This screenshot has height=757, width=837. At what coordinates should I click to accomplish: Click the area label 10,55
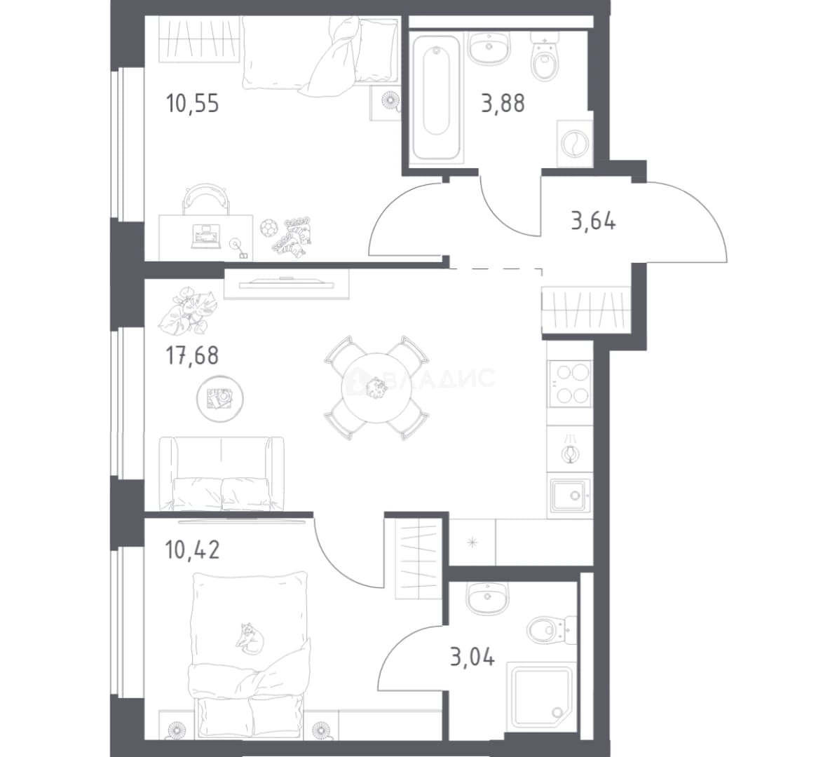[x=193, y=103]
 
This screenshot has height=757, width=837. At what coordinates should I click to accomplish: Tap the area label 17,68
[x=193, y=355]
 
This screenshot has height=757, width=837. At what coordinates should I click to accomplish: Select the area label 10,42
[x=193, y=550]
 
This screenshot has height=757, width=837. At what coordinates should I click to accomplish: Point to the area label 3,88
[x=503, y=103]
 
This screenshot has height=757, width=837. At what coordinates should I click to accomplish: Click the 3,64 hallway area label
[x=594, y=221]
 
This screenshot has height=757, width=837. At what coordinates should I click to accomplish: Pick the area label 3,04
[x=472, y=657]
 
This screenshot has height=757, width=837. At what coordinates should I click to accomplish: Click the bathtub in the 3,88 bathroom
[x=436, y=97]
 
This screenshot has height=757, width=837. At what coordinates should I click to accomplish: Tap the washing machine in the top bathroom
[x=574, y=143]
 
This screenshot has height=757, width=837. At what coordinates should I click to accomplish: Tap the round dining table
[x=377, y=388]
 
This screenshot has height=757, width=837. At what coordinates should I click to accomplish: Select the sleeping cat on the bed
[x=250, y=637]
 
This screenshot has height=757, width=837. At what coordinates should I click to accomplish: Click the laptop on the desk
[x=205, y=236]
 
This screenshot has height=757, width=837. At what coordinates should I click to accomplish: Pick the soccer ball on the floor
[x=268, y=228]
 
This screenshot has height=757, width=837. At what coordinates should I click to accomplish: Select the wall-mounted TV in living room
[x=287, y=283]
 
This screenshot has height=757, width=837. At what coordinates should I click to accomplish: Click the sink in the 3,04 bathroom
[x=487, y=597]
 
